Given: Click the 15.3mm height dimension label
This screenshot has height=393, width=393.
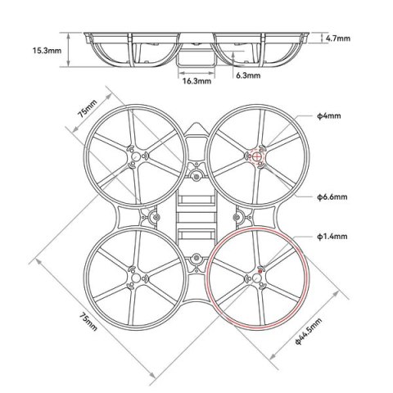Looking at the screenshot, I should (46, 50).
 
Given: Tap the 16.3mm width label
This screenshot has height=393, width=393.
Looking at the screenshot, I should (194, 81).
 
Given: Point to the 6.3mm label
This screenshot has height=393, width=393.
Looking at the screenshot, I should (247, 75).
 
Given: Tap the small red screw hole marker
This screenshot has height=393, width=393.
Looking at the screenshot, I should (260, 269).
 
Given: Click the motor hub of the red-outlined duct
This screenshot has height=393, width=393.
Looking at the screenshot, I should (255, 279).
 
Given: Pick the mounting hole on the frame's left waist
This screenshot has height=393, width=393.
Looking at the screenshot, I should (151, 217).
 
